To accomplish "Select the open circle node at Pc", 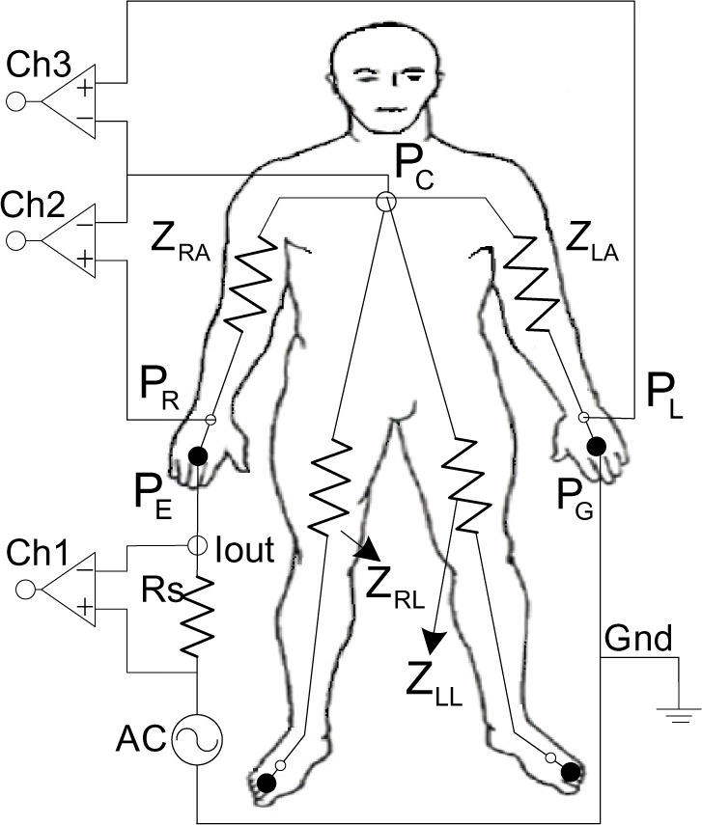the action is click(x=385, y=201).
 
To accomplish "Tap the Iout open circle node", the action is click(x=197, y=545).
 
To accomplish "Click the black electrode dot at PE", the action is click(x=197, y=456).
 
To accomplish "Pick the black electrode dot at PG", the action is click(x=596, y=445).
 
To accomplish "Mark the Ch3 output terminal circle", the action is click(x=16, y=100).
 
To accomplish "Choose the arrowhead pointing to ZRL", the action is click(x=369, y=551).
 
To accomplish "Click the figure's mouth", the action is click(x=389, y=107).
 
